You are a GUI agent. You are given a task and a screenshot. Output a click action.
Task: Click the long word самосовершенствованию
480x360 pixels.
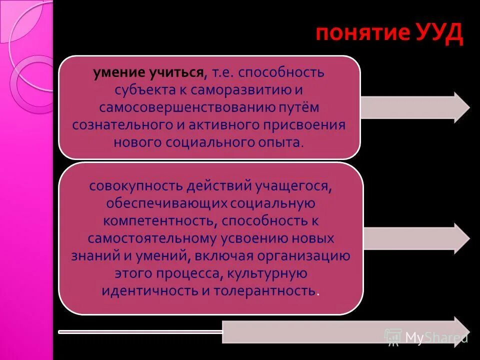tap(184, 107)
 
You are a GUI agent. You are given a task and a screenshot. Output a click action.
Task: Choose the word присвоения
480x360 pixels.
tap(306, 124)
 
